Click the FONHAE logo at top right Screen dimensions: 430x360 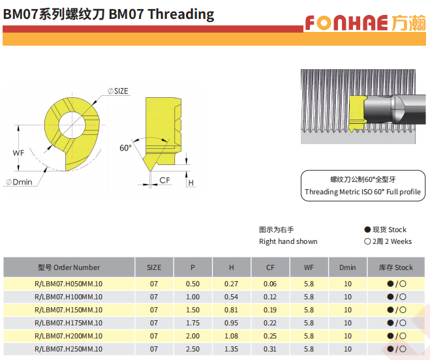coord(365,22)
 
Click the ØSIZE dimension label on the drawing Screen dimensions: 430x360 coord(118,91)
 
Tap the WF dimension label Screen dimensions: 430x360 coord(18,153)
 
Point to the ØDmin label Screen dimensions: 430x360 coord(19,182)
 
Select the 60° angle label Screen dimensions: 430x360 coord(125,148)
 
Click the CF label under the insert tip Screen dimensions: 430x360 coord(165,180)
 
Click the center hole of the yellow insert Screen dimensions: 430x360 coord(72,125)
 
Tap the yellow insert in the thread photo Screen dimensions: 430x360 coord(358,112)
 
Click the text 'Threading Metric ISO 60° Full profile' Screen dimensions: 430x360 coord(363,192)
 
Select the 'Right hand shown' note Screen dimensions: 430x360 coord(288,241)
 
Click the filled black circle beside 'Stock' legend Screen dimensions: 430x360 coord(367,230)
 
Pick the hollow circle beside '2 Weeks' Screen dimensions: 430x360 coord(367,241)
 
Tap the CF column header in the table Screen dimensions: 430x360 coord(270,267)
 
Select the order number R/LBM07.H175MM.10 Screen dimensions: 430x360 coord(69,323)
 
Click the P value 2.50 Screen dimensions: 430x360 coord(192,349)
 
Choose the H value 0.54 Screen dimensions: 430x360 coord(231,297)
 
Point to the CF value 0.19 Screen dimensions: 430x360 coord(270,310)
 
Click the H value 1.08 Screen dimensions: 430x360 coord(231,336)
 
